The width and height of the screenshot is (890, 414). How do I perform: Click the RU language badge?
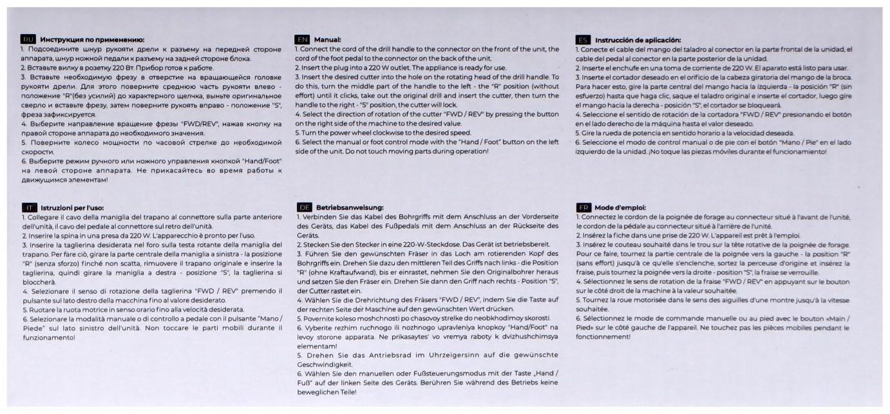[28, 40]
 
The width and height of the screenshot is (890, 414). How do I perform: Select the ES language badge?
[583, 40]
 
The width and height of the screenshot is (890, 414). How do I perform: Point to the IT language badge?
[30, 207]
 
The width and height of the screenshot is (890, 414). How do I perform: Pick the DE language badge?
[305, 207]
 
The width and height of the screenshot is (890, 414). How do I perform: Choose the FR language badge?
[583, 207]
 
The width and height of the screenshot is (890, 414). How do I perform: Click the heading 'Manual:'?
[327, 40]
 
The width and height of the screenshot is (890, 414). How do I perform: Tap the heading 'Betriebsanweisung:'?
[350, 207]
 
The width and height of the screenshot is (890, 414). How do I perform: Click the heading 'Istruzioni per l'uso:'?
[71, 207]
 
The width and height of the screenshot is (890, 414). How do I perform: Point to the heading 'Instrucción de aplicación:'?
[638, 40]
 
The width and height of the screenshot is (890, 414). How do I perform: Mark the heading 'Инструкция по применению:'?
[92, 40]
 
